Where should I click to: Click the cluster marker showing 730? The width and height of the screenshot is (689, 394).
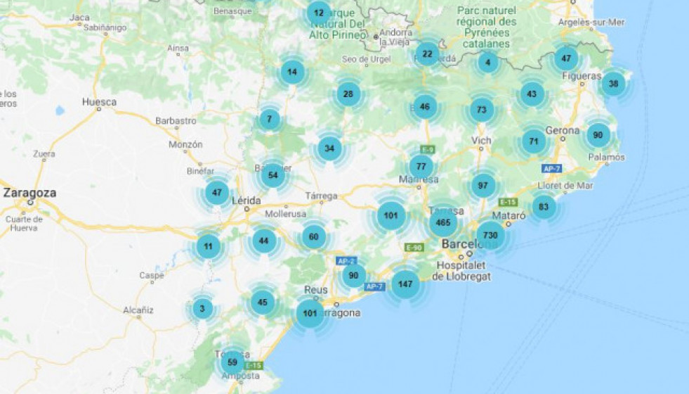point(490,235)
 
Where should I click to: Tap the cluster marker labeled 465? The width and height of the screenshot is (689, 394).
point(443,222)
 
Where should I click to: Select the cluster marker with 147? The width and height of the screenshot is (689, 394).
point(405,284)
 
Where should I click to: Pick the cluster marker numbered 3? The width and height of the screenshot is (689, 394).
point(202,308)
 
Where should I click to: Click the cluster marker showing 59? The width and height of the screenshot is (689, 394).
point(232,362)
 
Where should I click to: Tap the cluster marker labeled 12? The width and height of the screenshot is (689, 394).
point(318,13)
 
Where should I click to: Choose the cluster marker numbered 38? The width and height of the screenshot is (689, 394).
point(613,84)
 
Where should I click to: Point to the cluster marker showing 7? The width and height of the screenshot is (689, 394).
point(270,120)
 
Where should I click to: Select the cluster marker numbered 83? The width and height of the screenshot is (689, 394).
point(544,207)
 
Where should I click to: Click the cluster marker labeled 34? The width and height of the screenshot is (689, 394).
point(329,148)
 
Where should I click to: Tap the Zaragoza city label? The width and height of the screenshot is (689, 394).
point(29,192)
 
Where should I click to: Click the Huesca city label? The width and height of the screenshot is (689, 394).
point(99,102)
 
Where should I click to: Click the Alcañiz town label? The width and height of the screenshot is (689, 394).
point(138,310)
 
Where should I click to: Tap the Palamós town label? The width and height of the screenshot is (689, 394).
point(606,158)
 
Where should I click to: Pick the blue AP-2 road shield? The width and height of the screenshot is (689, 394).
point(346,261)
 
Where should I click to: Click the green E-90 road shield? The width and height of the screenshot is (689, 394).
point(414,248)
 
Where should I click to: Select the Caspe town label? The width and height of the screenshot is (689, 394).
point(151,276)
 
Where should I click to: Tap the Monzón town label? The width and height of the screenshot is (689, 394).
point(185,144)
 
